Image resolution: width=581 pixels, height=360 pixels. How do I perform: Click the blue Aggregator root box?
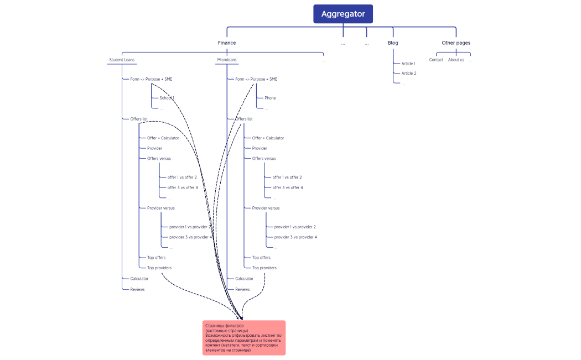pyautogui.click(x=343, y=14)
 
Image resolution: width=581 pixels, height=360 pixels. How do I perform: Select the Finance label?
pyautogui.click(x=226, y=43)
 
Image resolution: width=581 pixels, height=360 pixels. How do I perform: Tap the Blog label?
pyautogui.click(x=393, y=43)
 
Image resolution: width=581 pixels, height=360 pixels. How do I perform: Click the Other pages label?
pyautogui.click(x=456, y=43)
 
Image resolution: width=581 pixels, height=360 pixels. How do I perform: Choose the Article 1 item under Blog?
pyautogui.click(x=408, y=64)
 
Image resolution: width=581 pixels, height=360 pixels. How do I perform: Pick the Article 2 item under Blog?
pyautogui.click(x=409, y=73)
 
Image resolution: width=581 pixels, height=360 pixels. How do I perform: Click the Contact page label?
pyautogui.click(x=436, y=60)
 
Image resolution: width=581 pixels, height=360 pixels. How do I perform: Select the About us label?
pyautogui.click(x=456, y=60)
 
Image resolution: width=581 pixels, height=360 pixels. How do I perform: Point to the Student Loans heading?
pyautogui.click(x=122, y=60)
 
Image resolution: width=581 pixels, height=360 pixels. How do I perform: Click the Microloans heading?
pyautogui.click(x=226, y=60)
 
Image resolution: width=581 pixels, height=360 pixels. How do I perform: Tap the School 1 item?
pyautogui.click(x=167, y=98)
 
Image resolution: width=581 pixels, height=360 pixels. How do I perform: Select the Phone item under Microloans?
pyautogui.click(x=270, y=98)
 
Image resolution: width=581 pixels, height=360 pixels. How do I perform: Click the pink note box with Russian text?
pyautogui.click(x=244, y=337)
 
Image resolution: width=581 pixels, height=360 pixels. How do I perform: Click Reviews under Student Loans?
pyautogui.click(x=137, y=289)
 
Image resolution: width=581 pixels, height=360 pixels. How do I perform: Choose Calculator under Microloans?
pyautogui.click(x=244, y=279)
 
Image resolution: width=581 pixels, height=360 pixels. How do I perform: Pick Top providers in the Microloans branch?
pyautogui.click(x=264, y=268)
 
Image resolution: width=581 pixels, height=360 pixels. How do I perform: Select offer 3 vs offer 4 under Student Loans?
pyautogui.click(x=182, y=187)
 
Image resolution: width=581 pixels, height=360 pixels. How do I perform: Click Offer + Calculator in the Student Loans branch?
pyautogui.click(x=163, y=138)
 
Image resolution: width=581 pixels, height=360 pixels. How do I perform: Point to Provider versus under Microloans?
pyautogui.click(x=266, y=208)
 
